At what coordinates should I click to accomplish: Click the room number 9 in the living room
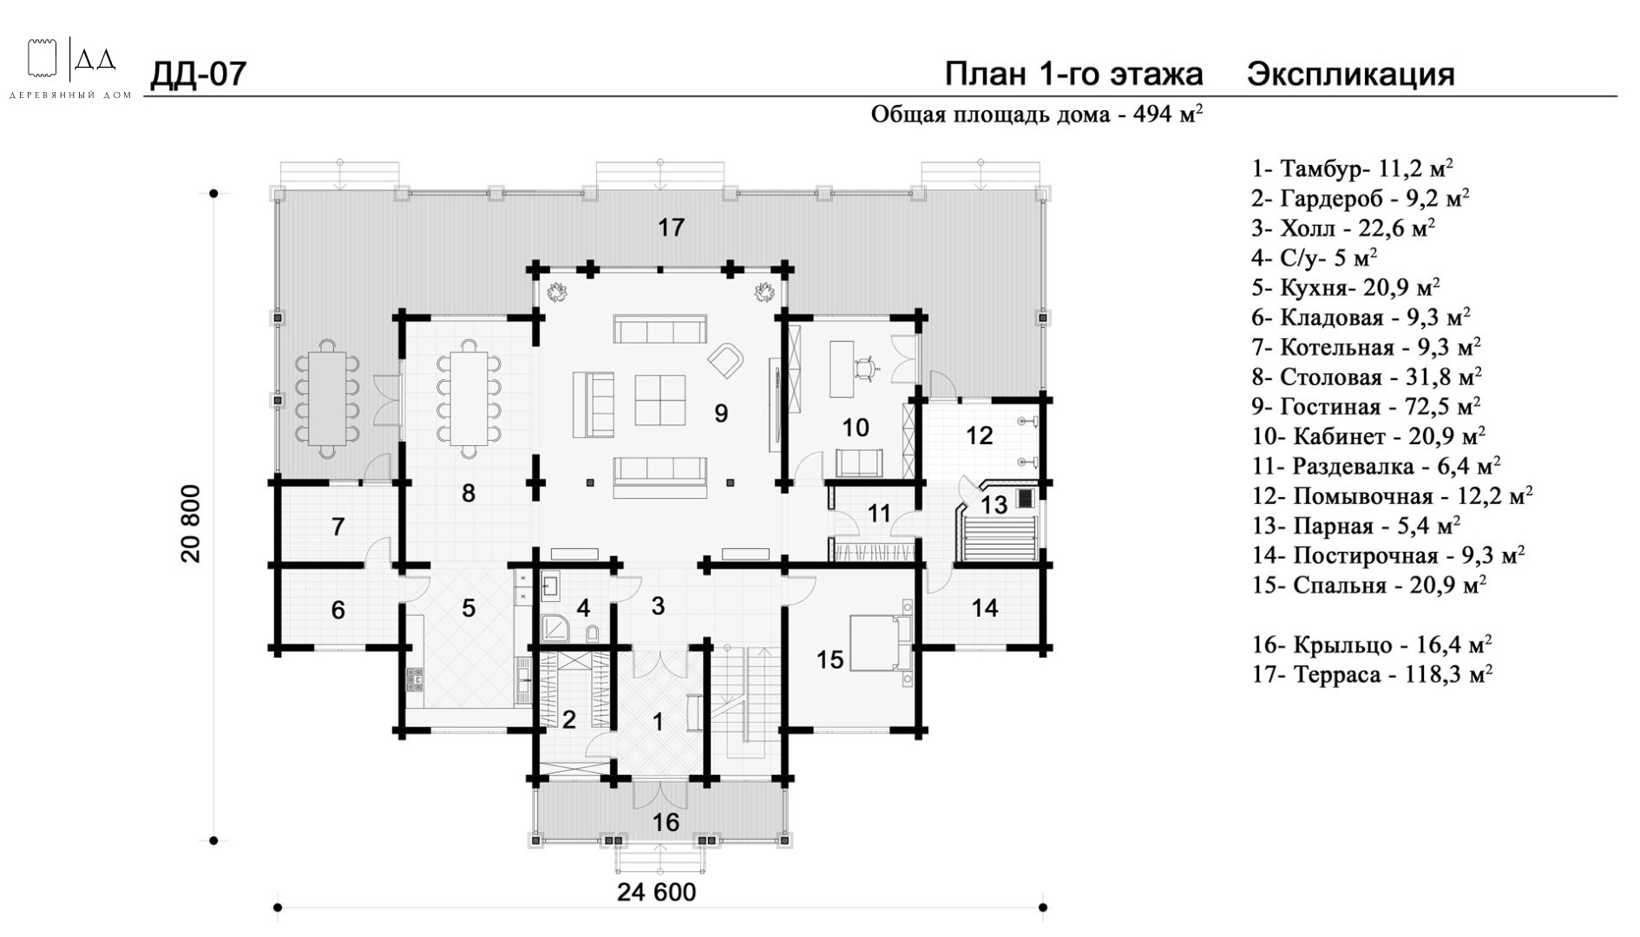tap(721, 413)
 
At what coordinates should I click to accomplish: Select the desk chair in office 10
tap(866, 370)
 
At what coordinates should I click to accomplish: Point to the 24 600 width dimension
tap(657, 892)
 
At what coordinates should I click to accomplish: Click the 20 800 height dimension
tap(191, 523)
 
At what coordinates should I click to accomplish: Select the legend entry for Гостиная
tap(1366, 406)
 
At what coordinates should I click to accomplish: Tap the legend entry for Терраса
tap(1372, 674)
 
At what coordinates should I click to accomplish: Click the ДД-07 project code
tap(199, 75)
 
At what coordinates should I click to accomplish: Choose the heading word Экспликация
tap(1351, 75)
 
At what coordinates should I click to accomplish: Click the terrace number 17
tap(671, 227)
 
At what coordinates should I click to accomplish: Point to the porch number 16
tap(666, 822)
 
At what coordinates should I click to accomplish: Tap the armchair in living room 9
tap(727, 359)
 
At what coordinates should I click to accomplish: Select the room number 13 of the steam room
tap(994, 504)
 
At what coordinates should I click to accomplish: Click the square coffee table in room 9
tap(660, 399)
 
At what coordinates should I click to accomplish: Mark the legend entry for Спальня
tap(1369, 585)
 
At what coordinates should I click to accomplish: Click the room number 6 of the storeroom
tap(338, 610)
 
